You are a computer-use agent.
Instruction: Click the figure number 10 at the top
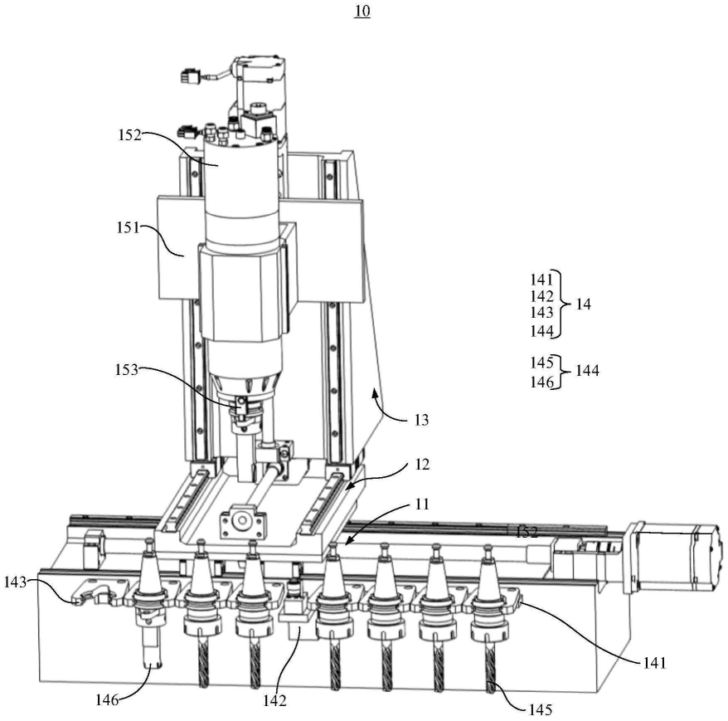pyautogui.click(x=362, y=11)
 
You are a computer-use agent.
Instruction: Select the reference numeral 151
pyautogui.click(x=129, y=227)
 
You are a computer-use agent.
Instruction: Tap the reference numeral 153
pyautogui.click(x=127, y=370)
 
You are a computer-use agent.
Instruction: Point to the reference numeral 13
pyautogui.click(x=421, y=420)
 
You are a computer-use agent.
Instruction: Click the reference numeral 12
pyautogui.click(x=422, y=465)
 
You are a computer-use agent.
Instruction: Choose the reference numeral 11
pyautogui.click(x=422, y=504)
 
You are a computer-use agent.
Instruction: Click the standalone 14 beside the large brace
pyautogui.click(x=584, y=304)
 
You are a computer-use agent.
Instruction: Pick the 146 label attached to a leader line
pyautogui.click(x=107, y=699)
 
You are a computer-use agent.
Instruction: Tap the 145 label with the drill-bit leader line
pyautogui.click(x=541, y=709)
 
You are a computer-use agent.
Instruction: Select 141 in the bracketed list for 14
pyautogui.click(x=542, y=280)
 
